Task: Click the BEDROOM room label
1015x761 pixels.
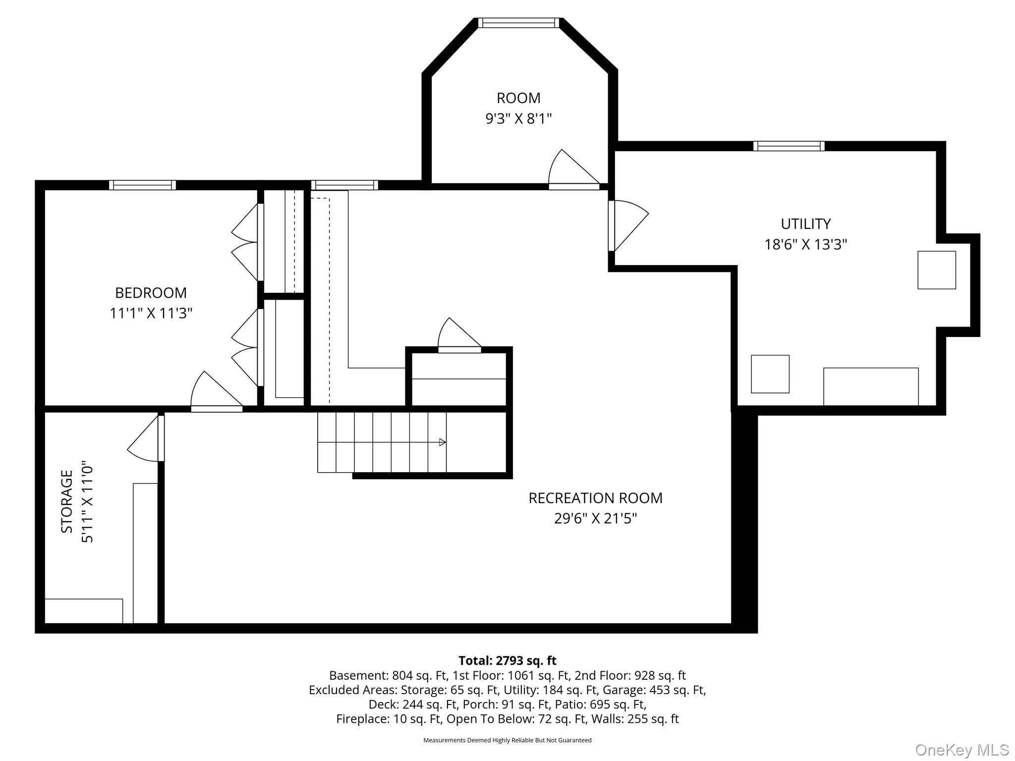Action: (x=151, y=293)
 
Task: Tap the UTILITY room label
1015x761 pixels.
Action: (x=806, y=224)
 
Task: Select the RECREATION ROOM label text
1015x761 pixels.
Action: (x=595, y=498)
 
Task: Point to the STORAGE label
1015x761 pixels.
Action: (x=67, y=501)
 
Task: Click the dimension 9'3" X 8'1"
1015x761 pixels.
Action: (x=518, y=119)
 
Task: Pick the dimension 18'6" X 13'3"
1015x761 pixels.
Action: (x=806, y=244)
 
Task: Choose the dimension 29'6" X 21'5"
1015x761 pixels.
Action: (x=595, y=518)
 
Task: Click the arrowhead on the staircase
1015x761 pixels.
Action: (x=443, y=442)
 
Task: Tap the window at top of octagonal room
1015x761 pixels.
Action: (x=518, y=23)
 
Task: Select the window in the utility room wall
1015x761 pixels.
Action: (x=789, y=146)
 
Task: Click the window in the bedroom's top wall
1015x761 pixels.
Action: (x=143, y=185)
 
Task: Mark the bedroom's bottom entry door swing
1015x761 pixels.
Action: (x=217, y=391)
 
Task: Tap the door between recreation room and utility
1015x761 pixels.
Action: (x=628, y=225)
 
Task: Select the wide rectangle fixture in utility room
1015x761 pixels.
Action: (x=871, y=386)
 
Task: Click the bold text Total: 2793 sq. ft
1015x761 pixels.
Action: (x=507, y=660)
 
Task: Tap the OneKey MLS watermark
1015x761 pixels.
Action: (x=962, y=750)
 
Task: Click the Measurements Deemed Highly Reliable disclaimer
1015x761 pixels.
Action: (x=507, y=740)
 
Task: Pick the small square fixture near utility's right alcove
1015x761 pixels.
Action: (x=937, y=270)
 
